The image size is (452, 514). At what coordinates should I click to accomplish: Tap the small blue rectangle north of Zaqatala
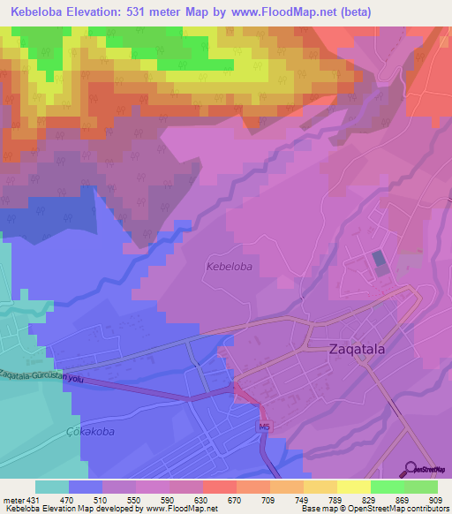coord(379,261)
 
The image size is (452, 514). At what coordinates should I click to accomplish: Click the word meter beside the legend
coord(12,500)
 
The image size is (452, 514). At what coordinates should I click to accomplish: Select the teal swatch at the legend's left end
coord(51,487)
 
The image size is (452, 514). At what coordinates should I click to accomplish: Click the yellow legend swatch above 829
coord(354,487)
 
